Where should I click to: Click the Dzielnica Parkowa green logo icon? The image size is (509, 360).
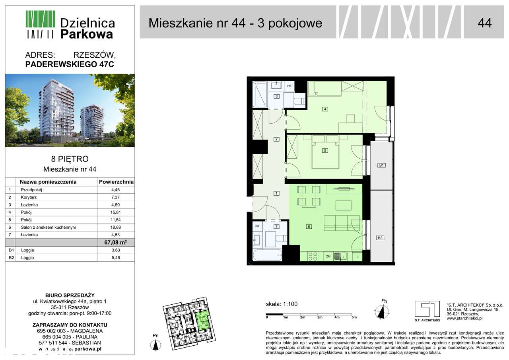(x=40, y=24)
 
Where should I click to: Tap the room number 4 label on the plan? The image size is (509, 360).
(x=325, y=109)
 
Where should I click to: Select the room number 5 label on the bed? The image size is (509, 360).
(x=325, y=150)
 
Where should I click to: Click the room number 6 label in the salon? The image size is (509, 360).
(x=308, y=227)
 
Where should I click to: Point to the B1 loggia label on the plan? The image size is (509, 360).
(x=381, y=165)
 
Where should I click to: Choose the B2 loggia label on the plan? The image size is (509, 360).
(x=380, y=238)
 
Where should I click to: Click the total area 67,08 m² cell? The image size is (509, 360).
(x=116, y=243)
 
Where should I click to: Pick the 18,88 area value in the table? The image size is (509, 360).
(x=116, y=227)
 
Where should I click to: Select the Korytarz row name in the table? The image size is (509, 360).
(x=29, y=197)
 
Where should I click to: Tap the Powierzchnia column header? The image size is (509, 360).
(x=116, y=182)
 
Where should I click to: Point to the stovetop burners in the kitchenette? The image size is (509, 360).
(x=313, y=257)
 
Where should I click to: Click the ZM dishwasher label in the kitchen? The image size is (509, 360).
(x=328, y=257)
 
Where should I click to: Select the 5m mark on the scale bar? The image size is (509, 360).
(x=354, y=317)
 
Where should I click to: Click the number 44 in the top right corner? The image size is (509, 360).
(x=484, y=23)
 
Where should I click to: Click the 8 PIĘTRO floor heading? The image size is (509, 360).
(x=70, y=160)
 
